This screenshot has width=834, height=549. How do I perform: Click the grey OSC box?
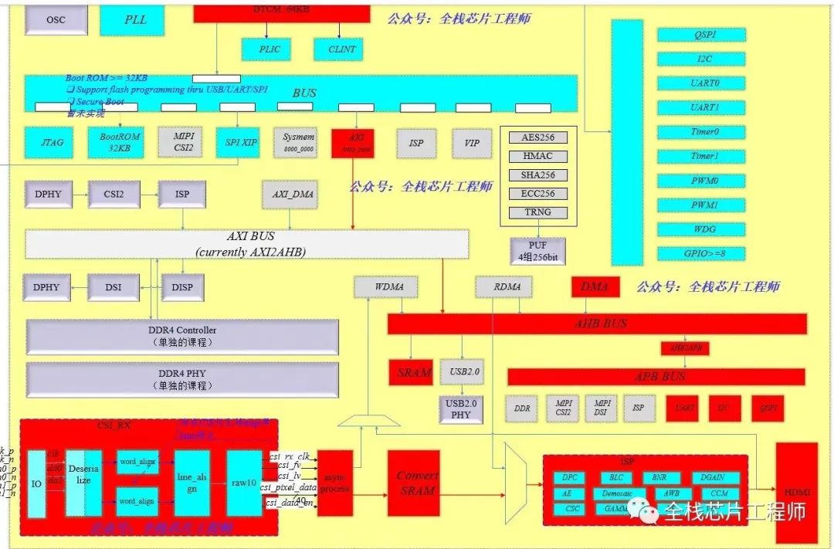point(56,20)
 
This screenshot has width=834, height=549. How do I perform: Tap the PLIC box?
point(266,49)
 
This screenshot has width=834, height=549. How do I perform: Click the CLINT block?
point(341,49)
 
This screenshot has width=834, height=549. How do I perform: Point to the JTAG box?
point(52,143)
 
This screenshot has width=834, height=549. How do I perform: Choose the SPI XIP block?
point(237,143)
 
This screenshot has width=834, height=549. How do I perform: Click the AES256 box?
point(537,137)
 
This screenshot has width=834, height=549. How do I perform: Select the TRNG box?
point(537,212)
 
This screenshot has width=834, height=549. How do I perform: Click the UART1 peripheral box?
point(701,107)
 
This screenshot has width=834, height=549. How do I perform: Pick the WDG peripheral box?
point(701,229)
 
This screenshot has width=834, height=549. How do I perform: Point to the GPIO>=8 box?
point(701,253)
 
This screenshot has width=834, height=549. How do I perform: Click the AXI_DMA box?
point(293,195)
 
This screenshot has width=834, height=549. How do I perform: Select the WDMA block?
point(385,287)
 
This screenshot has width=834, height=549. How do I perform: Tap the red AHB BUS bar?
point(596,324)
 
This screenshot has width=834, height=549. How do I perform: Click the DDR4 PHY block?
point(183,378)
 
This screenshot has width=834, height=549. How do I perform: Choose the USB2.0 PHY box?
point(460,409)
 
